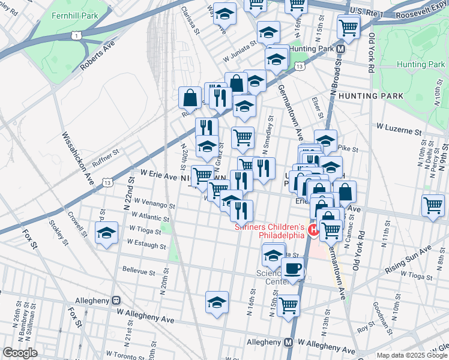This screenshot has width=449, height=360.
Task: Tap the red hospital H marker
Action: click(x=313, y=230)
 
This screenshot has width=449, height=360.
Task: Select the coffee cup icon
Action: click(x=292, y=269)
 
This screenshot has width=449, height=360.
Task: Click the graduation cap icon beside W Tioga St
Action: click(x=106, y=233)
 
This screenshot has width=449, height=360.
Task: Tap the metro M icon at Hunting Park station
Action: click(x=340, y=49)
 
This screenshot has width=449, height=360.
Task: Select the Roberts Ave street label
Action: click(x=97, y=56)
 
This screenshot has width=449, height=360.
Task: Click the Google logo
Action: click(x=20, y=353)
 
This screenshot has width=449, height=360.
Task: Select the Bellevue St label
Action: click(x=139, y=271)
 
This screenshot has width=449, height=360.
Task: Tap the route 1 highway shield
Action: click(x=76, y=37)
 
